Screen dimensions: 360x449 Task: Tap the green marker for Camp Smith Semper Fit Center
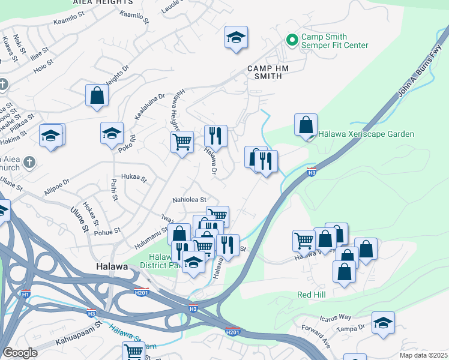pyautogui.click(x=292, y=40)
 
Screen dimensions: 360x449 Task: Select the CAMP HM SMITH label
pyautogui.click(x=268, y=73)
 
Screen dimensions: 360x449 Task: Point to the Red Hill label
pyautogui.click(x=313, y=295)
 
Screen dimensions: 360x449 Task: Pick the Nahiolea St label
pyautogui.click(x=189, y=199)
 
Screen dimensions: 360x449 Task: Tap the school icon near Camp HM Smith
pyautogui.click(x=236, y=38)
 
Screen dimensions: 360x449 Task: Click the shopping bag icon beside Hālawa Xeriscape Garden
pyautogui.click(x=306, y=125)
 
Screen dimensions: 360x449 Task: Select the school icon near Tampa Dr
pyautogui.click(x=383, y=323)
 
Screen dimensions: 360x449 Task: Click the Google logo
pyautogui.click(x=20, y=353)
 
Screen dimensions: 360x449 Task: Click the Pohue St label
pyautogui.click(x=108, y=230)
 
